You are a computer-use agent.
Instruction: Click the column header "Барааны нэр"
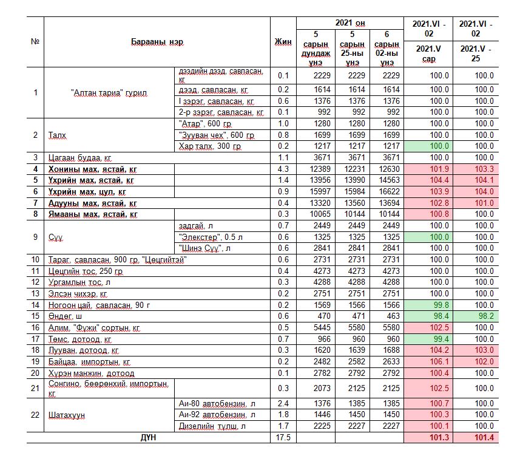coord(157,42)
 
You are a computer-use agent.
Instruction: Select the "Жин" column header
coord(283,42)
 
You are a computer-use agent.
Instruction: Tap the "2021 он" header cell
coord(350,23)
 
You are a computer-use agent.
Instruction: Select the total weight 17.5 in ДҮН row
coord(283,437)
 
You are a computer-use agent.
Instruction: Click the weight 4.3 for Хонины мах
coord(283,169)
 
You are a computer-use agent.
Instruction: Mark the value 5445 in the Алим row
coord(321,327)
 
